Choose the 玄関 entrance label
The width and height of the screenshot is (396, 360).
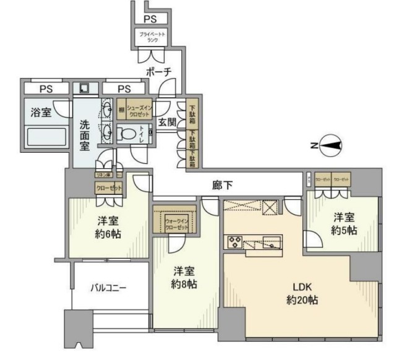[x=167, y=121]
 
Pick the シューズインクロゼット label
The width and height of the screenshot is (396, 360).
[x=140, y=111]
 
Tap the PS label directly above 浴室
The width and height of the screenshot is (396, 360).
[x=45, y=89]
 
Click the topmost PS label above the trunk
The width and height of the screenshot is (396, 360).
[x=150, y=19]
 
